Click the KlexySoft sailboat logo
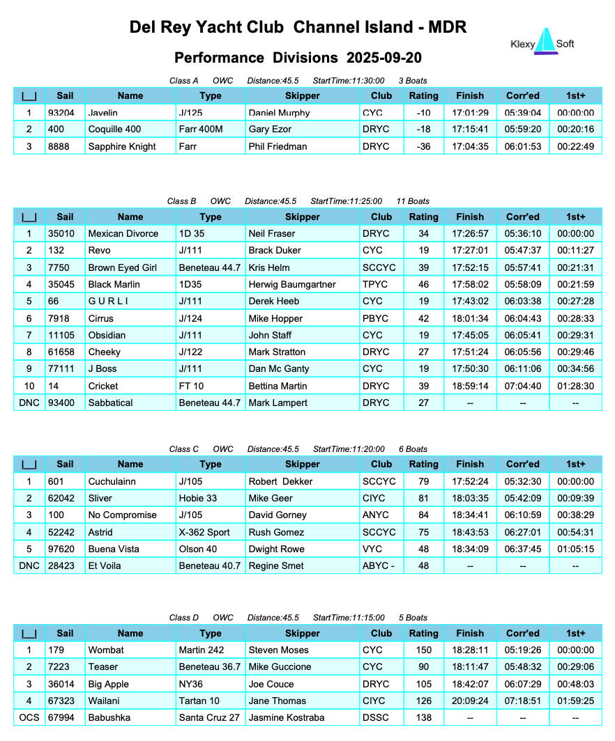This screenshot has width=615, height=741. pyautogui.click(x=547, y=42)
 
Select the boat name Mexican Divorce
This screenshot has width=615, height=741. pyautogui.click(x=123, y=234)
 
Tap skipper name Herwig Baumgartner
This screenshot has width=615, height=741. pyautogui.click(x=292, y=284)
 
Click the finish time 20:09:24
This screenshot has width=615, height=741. pyautogui.click(x=469, y=701)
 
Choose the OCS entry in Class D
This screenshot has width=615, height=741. pyautogui.click(x=29, y=717)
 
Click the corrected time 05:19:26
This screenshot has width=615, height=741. pyautogui.click(x=523, y=650)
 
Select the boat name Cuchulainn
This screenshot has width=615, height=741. pyautogui.click(x=112, y=481)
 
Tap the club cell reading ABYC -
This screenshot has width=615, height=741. pyautogui.click(x=379, y=566)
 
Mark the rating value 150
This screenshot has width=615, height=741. pyautogui.click(x=423, y=650)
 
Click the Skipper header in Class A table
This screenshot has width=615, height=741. pyautogui.click(x=303, y=96)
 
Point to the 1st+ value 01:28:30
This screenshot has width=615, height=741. pyautogui.click(x=575, y=386)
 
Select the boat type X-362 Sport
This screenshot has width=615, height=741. pyautogui.click(x=204, y=532)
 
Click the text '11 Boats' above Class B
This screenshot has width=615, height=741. pyautogui.click(x=412, y=201)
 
